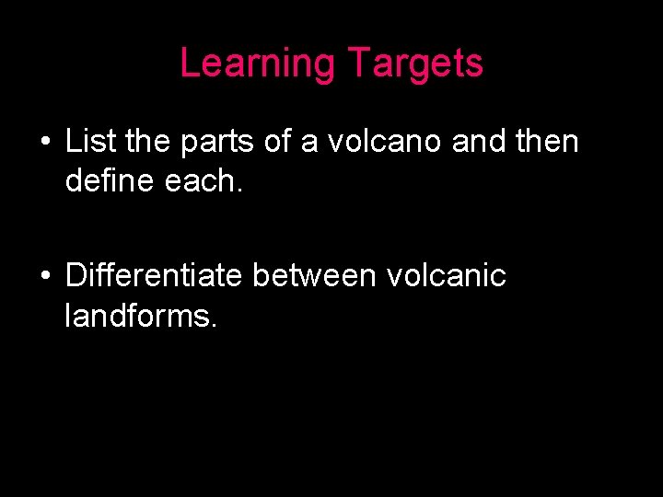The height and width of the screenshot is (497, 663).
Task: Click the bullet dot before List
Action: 44,144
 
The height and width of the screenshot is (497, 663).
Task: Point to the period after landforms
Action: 215,326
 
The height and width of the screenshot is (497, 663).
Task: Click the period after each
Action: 240,191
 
